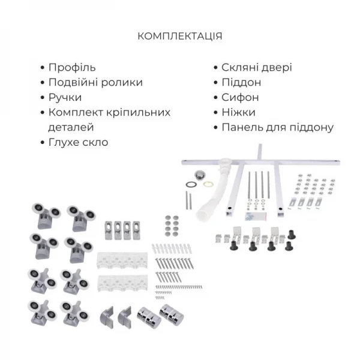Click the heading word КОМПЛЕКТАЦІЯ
coord(180,36)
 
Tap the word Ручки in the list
coord(64,97)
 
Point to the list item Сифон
coord(240,97)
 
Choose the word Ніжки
coord(238,112)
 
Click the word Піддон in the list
coord(241,82)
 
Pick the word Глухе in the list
coord(63,142)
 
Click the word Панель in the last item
coord(241,127)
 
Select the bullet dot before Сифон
coord(216,97)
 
